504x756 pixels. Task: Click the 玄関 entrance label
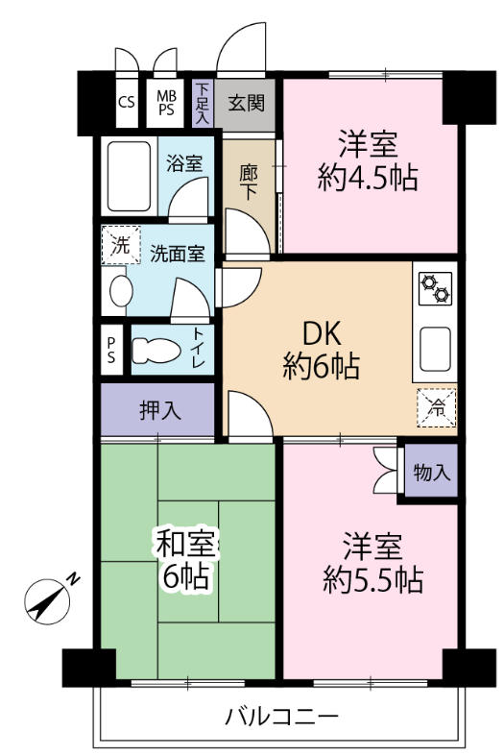tap(246, 103)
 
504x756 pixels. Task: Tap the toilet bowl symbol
tap(156, 351)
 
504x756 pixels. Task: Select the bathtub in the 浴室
tap(129, 176)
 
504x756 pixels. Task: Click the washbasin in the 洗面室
tap(121, 291)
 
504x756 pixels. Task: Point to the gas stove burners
tap(435, 288)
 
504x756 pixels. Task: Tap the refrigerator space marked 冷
tap(437, 408)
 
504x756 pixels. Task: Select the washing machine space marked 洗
tap(120, 245)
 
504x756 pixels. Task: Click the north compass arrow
tap(47, 601)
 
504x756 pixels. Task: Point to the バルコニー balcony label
tap(282, 717)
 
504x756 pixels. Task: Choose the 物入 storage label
tap(432, 473)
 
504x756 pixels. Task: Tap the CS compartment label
tap(127, 102)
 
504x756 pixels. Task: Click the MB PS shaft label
tap(166, 103)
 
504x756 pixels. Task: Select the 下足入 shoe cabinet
tap(203, 103)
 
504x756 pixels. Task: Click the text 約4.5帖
tap(367, 178)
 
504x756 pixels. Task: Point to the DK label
tap(322, 333)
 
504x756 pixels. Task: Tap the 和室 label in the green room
tap(185, 544)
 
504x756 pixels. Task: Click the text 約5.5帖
tap(372, 580)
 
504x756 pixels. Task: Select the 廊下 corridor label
tap(249, 183)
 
